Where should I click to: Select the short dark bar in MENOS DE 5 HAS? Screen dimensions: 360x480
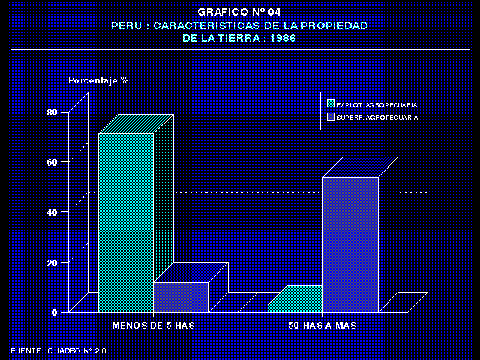point(181,297)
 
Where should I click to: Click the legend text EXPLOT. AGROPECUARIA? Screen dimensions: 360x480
point(377,103)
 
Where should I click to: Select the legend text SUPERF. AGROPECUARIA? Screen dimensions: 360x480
point(377,118)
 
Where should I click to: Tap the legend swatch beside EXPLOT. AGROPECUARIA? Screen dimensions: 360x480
point(331,103)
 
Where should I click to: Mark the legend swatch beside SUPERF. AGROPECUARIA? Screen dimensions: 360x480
point(331,118)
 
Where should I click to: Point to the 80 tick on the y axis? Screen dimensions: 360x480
point(52,112)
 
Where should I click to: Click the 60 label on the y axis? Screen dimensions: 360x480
point(52,162)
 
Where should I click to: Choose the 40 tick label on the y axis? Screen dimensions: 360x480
point(52,212)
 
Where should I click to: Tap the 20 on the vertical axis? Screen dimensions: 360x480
point(52,262)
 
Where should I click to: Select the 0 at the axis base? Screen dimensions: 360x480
point(55,312)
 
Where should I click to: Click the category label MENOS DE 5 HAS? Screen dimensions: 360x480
point(153,325)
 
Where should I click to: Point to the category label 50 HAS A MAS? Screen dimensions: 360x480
point(322,325)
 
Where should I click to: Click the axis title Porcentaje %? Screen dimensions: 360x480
point(98,79)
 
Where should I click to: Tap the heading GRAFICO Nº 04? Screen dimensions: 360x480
point(239,12)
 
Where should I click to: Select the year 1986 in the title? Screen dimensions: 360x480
point(281,37)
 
